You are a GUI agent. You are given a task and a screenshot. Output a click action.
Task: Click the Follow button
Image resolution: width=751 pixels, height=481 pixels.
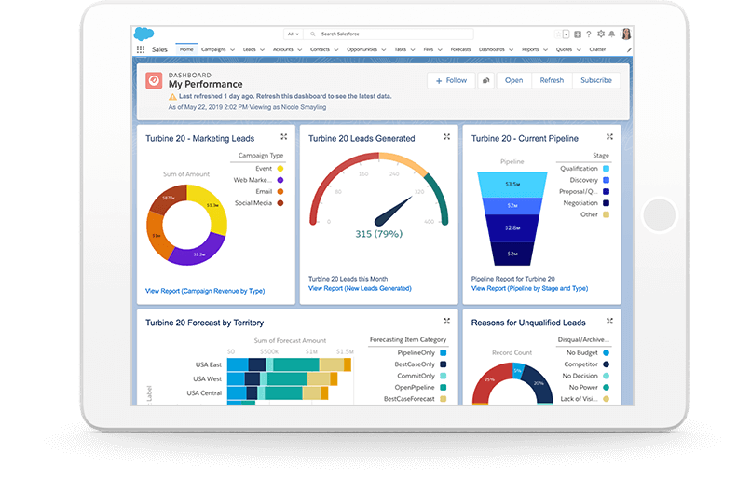tap(451, 80)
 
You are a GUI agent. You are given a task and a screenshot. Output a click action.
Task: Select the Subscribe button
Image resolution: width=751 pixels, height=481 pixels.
tap(595, 80)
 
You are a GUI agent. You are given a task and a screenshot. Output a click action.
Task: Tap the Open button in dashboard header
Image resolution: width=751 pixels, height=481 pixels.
tap(513, 80)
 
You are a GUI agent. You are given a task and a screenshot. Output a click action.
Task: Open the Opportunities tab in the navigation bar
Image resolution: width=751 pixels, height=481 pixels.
tap(362, 49)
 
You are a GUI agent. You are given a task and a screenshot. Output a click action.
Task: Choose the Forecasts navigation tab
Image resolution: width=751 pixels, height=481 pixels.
tap(460, 49)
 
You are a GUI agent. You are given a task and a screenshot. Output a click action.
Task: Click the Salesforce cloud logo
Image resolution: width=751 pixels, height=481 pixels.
tap(144, 34)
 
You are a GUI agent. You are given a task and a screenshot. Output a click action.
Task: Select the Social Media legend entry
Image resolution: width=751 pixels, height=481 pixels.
tap(253, 202)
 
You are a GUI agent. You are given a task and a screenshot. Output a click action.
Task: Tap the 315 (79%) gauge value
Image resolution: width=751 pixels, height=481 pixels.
tap(378, 234)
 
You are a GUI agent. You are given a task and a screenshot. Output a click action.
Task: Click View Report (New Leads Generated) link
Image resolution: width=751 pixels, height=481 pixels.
tap(360, 288)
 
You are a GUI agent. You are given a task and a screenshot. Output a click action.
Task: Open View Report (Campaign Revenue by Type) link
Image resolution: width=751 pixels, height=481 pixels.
tap(205, 291)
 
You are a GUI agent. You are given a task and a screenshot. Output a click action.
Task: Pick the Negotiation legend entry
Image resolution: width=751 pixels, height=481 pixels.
tap(580, 202)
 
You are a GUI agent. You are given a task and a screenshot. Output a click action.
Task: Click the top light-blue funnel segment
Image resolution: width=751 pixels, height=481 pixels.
tap(512, 183)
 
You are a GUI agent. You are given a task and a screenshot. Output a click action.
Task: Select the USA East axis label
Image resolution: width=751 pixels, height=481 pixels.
tap(207, 364)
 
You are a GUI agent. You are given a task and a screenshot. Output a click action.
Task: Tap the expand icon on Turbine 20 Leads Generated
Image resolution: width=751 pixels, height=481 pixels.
tap(446, 137)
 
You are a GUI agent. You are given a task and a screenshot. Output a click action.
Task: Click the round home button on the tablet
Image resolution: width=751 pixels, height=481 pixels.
tap(658, 215)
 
